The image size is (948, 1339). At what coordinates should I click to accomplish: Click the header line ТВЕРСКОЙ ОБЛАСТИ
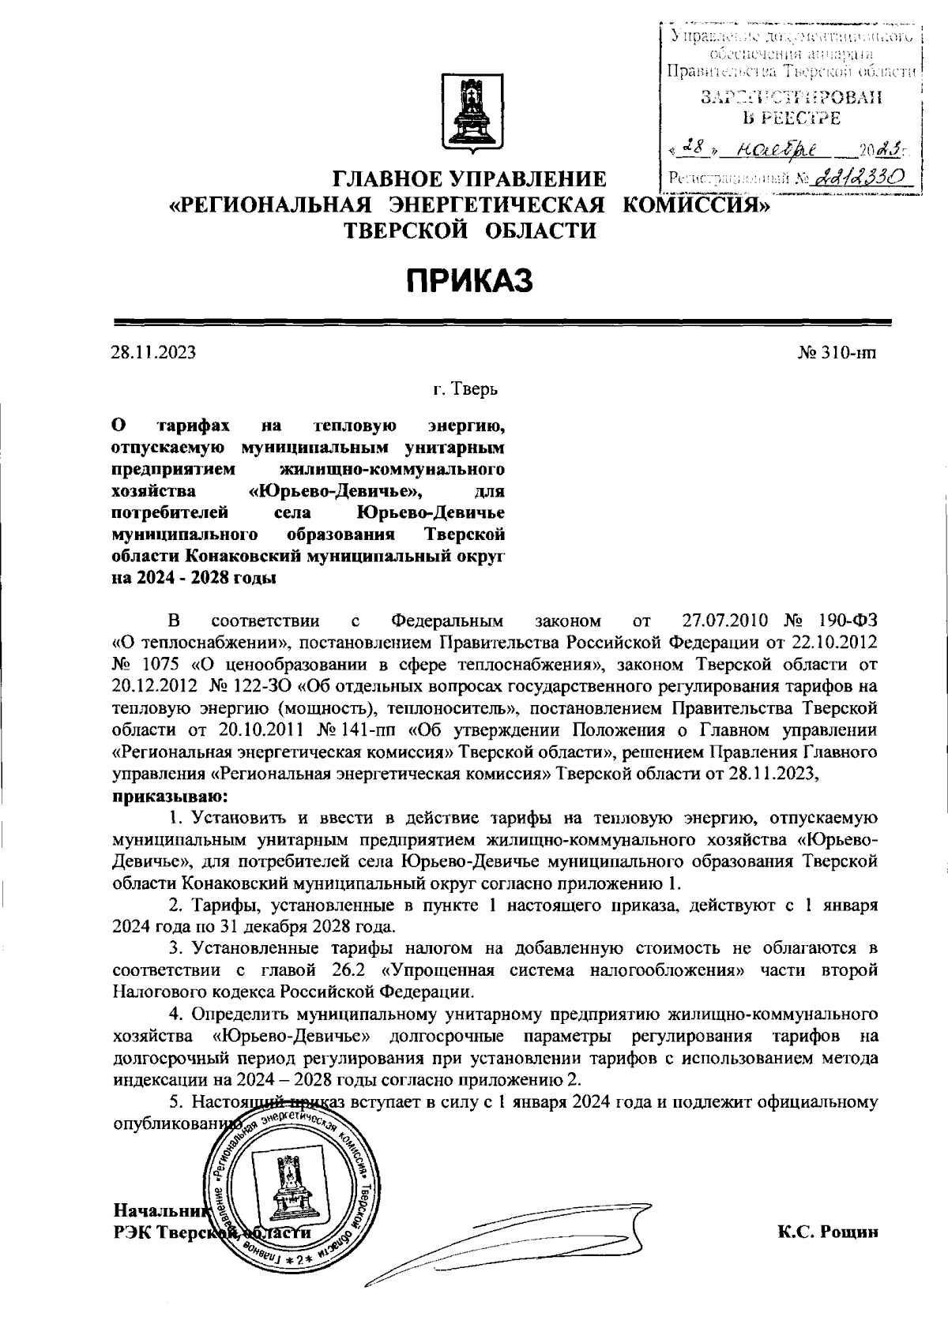point(469,231)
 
